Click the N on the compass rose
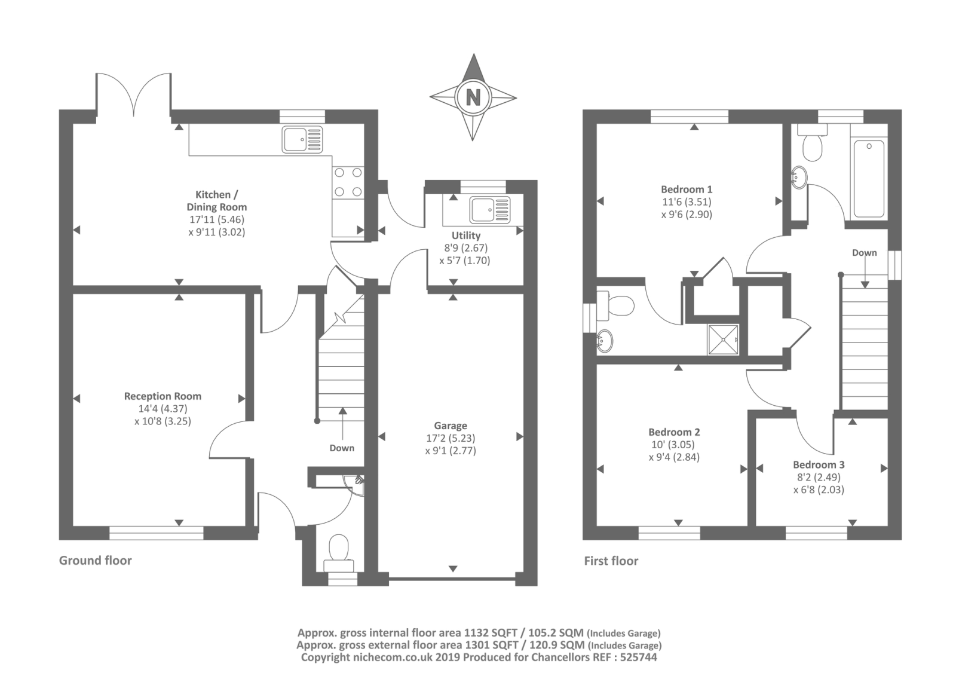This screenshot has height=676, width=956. tap(473, 97)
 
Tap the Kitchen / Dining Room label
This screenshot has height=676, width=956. tap(217, 201)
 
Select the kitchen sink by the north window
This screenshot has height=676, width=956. tap(302, 140)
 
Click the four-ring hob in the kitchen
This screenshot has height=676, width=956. tap(348, 182)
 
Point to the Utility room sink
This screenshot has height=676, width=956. tap(490, 209)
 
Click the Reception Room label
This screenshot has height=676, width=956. tap(163, 396)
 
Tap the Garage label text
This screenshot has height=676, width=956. tap(451, 426)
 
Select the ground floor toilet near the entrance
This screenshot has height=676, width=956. tap(339, 553)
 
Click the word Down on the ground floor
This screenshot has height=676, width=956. tap(342, 448)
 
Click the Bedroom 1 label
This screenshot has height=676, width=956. tap(687, 189)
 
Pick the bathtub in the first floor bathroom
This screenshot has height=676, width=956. tap(869, 178)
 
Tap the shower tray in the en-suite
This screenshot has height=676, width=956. tap(724, 339)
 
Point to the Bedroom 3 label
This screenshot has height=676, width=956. tap(819, 464)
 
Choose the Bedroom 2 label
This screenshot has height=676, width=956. tap(675, 432)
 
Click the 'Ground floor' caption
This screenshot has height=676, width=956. tap(95, 560)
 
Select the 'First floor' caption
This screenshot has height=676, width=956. tap(611, 561)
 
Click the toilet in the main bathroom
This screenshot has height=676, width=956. tap(812, 143)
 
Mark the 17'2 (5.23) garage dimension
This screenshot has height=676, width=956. tap(451, 438)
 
